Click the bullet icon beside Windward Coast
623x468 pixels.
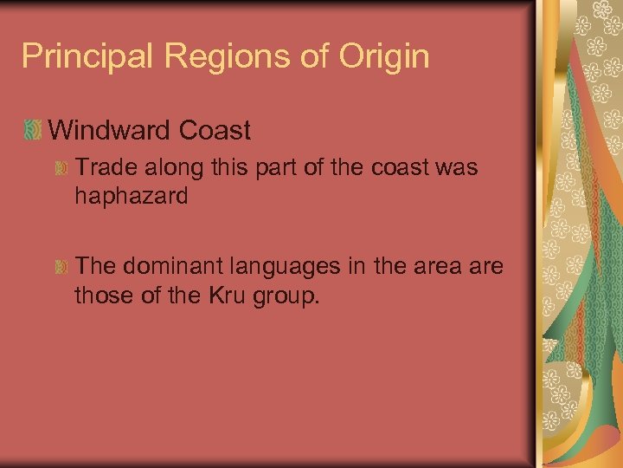tap(32, 132)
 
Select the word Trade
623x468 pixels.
tap(102, 167)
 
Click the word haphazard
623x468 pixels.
tap(131, 197)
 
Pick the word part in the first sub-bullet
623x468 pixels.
tap(270, 167)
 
